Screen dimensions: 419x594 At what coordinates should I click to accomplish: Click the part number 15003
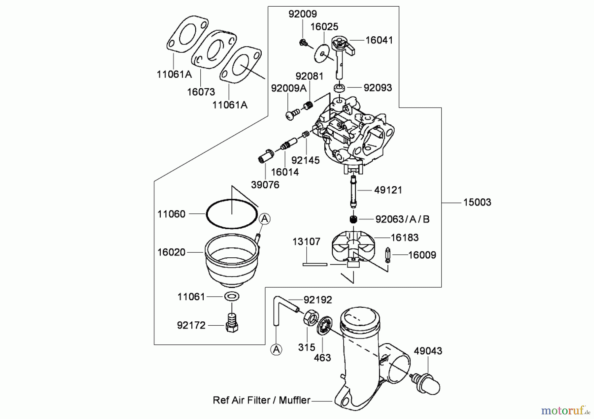pyautogui.click(x=477, y=202)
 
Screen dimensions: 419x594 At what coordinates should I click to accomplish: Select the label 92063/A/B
pyautogui.click(x=402, y=219)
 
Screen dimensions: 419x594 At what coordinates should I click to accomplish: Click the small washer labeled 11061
pyautogui.click(x=232, y=296)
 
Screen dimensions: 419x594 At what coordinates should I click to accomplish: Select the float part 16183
pyautogui.click(x=352, y=246)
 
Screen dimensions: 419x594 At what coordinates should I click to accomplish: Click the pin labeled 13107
pyautogui.click(x=315, y=264)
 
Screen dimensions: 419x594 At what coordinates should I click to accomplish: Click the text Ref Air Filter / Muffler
pyautogui.click(x=261, y=400)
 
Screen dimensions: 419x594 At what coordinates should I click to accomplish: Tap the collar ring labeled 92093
pyautogui.click(x=339, y=88)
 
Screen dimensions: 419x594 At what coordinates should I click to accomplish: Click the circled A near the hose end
pyautogui.click(x=276, y=349)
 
